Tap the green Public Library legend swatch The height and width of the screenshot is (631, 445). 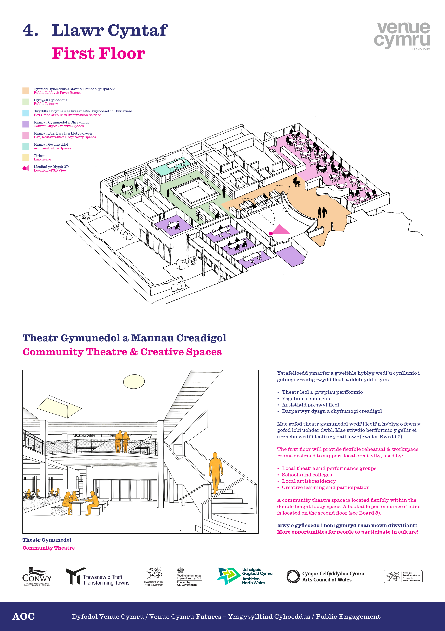pyautogui.click(x=26, y=102)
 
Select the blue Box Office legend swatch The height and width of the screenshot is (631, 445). pyautogui.click(x=26, y=113)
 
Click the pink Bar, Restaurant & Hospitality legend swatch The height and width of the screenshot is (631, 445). pyautogui.click(x=26, y=135)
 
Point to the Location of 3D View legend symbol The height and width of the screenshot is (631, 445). pyautogui.click(x=26, y=168)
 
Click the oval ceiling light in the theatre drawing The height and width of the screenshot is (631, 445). pyautogui.click(x=134, y=382)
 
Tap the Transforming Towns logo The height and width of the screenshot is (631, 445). pyautogui.click(x=98, y=576)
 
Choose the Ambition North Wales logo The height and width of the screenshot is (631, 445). pyautogui.click(x=244, y=576)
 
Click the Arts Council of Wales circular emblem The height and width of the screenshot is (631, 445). pyautogui.click(x=293, y=576)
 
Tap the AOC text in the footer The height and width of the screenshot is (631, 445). pyautogui.click(x=23, y=617)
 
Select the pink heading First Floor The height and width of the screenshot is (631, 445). pyautogui.click(x=99, y=53)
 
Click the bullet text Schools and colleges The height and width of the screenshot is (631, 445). pyautogui.click(x=307, y=475)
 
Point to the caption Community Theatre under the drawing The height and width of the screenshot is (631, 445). pyautogui.click(x=49, y=548)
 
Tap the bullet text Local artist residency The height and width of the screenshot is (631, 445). pyautogui.click(x=309, y=481)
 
